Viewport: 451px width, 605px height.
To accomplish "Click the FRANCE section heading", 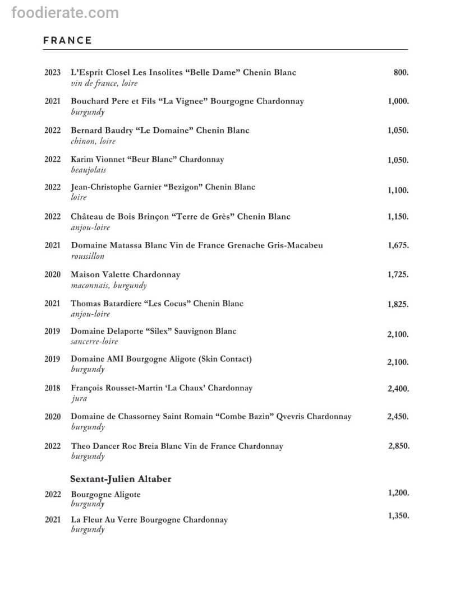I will (67, 40).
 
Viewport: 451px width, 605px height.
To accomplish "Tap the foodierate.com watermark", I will (65, 12).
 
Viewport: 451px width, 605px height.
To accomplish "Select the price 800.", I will (401, 72).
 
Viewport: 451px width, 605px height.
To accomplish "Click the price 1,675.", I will (398, 245).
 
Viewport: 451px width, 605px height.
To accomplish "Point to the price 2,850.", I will (398, 446).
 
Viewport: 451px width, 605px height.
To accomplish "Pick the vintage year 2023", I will (53, 72).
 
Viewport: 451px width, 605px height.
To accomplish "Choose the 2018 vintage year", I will (53, 388).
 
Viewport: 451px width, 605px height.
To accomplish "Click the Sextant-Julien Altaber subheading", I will (121, 479).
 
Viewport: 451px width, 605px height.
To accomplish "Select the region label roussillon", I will (88, 256).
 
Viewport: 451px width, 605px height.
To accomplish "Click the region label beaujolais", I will (88, 170).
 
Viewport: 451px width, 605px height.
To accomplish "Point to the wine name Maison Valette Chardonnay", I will (126, 274).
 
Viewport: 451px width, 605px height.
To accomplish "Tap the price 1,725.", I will (398, 274).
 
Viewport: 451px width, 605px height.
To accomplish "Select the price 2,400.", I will (398, 388).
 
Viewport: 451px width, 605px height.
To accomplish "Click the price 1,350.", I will (398, 516).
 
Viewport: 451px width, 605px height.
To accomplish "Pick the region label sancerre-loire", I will (94, 341).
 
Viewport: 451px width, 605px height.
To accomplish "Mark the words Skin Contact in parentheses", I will (225, 359).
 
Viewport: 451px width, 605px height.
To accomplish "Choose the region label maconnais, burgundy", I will (109, 285).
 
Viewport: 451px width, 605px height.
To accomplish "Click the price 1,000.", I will (398, 101).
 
